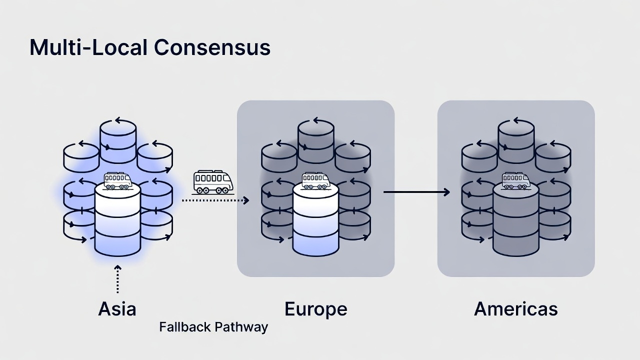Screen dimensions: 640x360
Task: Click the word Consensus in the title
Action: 212,47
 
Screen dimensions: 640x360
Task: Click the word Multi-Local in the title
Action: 89,47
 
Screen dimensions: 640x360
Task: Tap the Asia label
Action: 117,309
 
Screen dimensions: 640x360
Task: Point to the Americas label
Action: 515,309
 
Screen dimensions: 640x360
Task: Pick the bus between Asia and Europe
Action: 213,182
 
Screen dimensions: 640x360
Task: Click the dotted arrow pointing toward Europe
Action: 215,200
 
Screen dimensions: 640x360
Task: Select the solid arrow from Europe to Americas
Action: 416,192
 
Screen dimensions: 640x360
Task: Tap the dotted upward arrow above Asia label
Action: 117,279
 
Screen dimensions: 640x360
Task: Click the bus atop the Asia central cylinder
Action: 117,181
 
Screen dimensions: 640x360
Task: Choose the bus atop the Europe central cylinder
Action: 315,181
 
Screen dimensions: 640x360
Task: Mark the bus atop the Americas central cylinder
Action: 516,181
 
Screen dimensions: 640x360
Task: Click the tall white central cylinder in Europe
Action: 315,220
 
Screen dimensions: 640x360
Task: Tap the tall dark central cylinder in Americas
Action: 516,220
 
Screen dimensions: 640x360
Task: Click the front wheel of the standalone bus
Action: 224,190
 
